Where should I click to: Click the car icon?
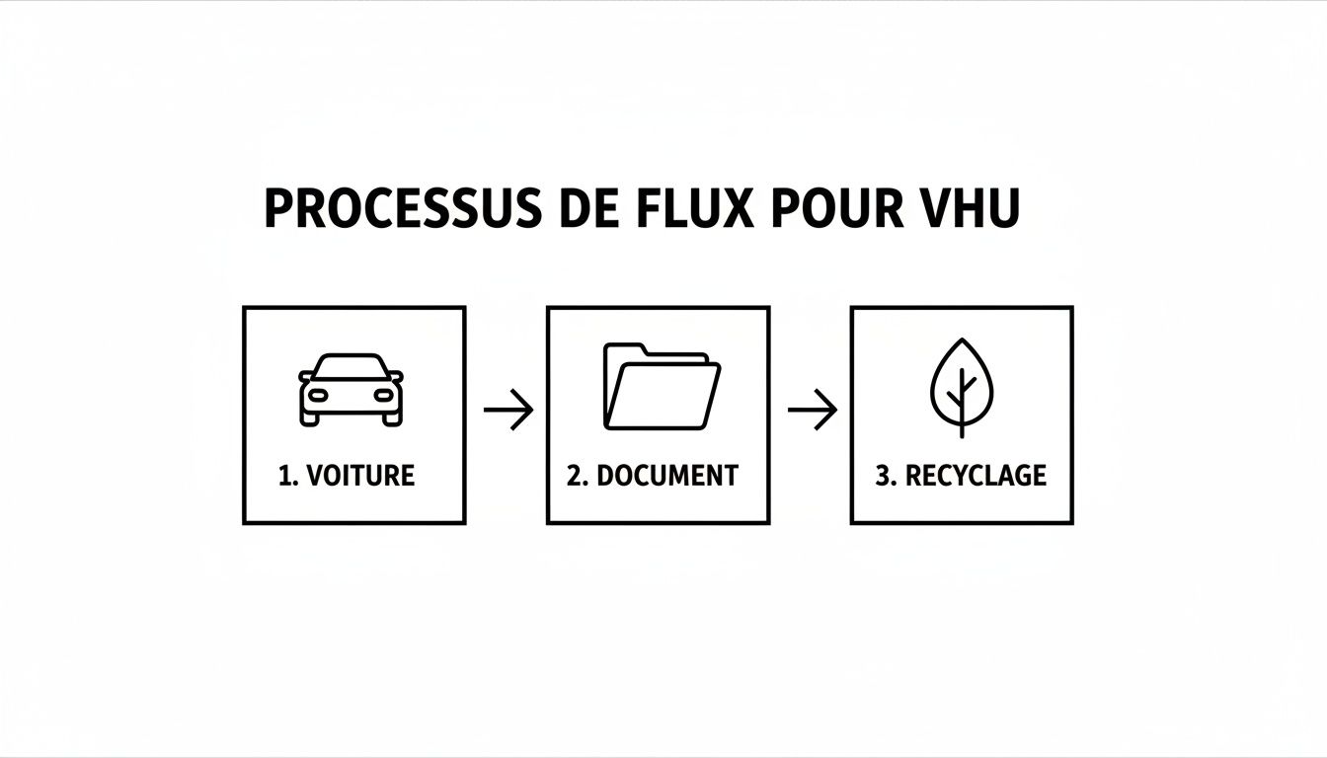coord(351,389)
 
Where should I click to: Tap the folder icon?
coord(661,386)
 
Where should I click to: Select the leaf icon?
coord(961,388)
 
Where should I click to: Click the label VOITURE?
coord(360,476)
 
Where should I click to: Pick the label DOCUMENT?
coord(667,476)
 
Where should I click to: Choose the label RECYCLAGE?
coord(976,476)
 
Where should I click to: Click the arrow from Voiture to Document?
coord(507,410)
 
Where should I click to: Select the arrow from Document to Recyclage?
coord(812,410)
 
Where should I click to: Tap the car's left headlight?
coord(320,395)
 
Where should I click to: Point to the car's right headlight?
coord(383,395)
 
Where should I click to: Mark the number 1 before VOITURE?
coord(286,476)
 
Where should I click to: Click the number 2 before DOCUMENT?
coord(576,476)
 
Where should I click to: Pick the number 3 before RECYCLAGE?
coord(884,476)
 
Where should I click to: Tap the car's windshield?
coord(351,367)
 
